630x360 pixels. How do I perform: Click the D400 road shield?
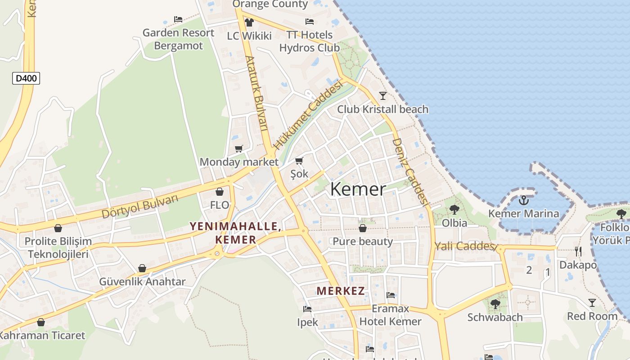tap(26, 78)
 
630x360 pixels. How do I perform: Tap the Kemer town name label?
tap(358, 189)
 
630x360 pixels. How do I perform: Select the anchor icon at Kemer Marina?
tap(523, 200)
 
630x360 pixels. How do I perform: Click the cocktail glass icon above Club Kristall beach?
tap(383, 95)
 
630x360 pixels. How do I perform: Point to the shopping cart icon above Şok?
tap(299, 161)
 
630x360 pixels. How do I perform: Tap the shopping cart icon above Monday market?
tap(239, 148)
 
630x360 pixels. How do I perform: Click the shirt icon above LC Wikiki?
tap(249, 22)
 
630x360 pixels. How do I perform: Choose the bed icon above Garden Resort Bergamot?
tap(178, 19)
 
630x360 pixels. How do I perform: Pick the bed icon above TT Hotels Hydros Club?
tap(309, 21)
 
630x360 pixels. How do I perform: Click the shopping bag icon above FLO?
tap(220, 192)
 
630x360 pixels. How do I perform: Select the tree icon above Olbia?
tap(454, 209)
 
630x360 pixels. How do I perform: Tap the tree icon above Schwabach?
tap(495, 304)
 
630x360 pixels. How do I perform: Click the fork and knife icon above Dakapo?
tap(578, 252)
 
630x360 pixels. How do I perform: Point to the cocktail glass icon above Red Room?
tap(592, 303)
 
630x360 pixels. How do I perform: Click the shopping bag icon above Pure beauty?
tap(362, 228)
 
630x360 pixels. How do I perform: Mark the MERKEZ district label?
tap(341, 291)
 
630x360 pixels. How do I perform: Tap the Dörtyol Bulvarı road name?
tap(140, 207)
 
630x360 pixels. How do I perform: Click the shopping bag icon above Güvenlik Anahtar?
tap(142, 269)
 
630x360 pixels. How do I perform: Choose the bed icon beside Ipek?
tap(307, 309)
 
